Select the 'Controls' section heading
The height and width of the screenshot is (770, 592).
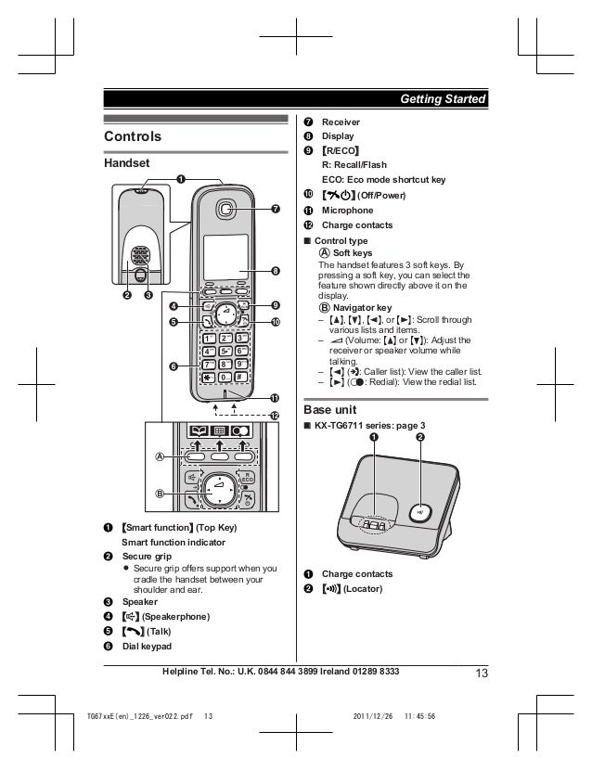tap(133, 137)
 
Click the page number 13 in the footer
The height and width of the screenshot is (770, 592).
tap(480, 673)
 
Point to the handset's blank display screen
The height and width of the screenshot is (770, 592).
tap(225, 255)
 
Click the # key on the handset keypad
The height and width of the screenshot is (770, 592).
tap(240, 379)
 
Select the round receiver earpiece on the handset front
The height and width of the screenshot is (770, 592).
tap(227, 209)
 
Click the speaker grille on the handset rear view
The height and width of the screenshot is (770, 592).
tap(139, 255)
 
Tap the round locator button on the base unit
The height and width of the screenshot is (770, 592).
tap(420, 510)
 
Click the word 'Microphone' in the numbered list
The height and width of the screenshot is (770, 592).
tap(347, 211)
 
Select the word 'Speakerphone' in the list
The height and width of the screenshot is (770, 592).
tap(176, 617)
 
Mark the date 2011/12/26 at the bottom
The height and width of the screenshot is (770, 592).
tap(374, 716)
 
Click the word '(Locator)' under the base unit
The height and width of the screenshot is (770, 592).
tap(362, 589)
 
